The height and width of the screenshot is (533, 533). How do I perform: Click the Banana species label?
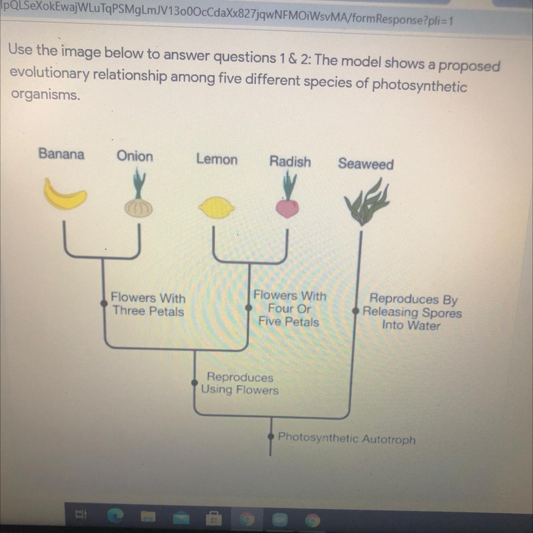coord(61,154)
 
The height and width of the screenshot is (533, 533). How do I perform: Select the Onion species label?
coord(135,156)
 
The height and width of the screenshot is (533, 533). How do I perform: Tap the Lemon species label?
coord(217,159)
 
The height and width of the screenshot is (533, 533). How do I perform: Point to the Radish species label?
coord(290,162)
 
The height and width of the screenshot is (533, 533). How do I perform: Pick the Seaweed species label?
coord(366,164)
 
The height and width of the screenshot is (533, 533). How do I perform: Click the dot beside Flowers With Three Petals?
coord(104,303)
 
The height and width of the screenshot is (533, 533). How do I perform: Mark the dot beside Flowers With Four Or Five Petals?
coord(249,307)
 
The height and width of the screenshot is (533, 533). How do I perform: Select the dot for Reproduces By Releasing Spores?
coord(355,311)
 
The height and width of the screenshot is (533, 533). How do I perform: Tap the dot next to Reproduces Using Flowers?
coord(195,382)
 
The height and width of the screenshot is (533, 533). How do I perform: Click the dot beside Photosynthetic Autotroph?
coord(271,437)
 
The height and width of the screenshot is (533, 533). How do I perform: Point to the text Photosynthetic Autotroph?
coord(346,439)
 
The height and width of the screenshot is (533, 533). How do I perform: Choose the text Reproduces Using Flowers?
coord(240,384)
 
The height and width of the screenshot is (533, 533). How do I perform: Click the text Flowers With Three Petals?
coord(148,304)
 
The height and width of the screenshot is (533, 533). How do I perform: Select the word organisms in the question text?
coord(45,95)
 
